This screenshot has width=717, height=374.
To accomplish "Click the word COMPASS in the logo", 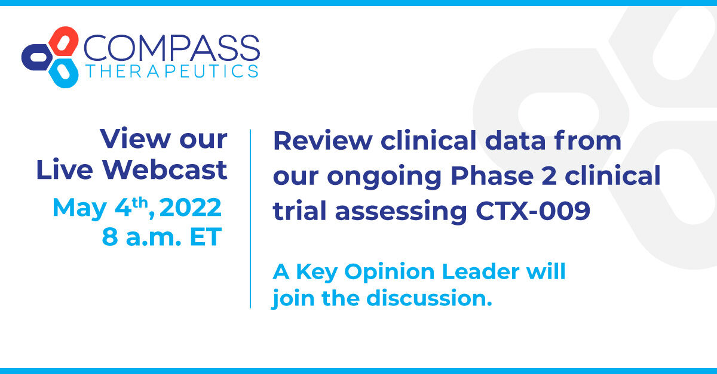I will (171, 48).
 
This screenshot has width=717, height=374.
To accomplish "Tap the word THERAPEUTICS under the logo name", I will (171, 72).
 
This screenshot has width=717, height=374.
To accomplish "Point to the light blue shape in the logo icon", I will (63, 73).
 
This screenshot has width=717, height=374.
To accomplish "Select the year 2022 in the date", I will (191, 208).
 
